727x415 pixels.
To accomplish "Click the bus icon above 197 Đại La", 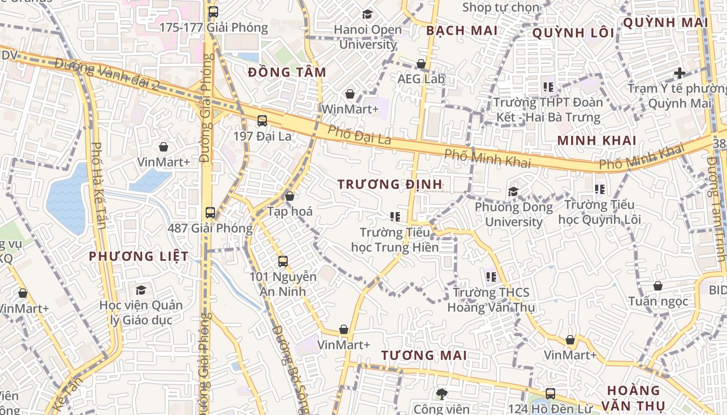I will coord(262,121).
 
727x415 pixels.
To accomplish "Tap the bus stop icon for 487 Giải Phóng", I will coord(210,212).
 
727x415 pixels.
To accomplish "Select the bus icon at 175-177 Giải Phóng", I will coord(213,12).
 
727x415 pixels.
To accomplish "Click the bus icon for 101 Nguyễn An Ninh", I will coord(283,261).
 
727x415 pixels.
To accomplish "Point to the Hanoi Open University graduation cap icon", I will coord(368,14).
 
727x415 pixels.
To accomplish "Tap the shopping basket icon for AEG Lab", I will coord(421,64).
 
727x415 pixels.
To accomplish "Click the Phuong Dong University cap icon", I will coord(514,191).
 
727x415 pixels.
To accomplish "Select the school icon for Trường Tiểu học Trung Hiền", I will coord(395,216).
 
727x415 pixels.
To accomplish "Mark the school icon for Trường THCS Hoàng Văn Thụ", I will coord(491,276).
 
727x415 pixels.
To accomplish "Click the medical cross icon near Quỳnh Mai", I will coord(680,73).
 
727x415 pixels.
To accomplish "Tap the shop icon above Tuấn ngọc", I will coord(658,286).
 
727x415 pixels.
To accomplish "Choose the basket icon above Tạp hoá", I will coord(290,196).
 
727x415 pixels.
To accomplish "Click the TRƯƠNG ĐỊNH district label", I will coord(389,184).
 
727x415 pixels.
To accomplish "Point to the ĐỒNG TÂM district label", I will coord(287,72).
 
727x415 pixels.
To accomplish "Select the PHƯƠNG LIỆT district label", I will coord(139,256).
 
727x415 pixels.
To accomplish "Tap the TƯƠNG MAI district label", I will coord(424,355).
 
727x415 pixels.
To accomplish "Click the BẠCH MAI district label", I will coord(462,31).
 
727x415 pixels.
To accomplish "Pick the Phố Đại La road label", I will coord(359,137).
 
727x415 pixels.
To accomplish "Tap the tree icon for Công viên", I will coord(442,394).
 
